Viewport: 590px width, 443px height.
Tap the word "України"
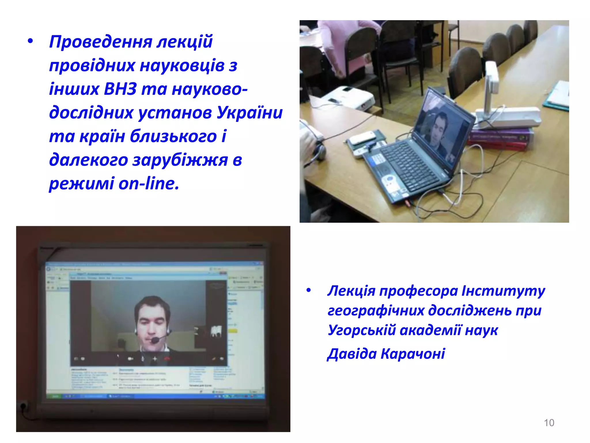pos(249,112)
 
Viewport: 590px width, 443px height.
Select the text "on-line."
pos(149,183)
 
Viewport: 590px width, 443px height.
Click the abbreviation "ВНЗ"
pos(120,89)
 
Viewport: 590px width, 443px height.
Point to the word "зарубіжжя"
pos(180,160)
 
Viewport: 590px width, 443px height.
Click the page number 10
pos(549,423)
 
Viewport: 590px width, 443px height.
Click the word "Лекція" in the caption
pos(351,291)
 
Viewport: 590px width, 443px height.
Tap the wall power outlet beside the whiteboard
pos(23,407)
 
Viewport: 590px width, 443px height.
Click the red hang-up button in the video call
pos(167,359)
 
